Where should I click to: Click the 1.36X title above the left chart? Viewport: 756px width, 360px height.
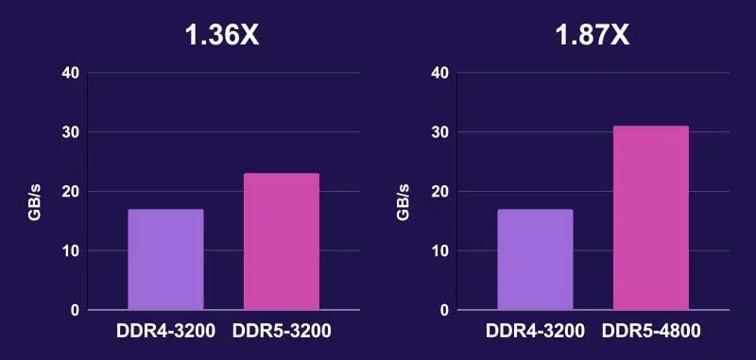click(x=221, y=36)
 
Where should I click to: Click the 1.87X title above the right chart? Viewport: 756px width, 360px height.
click(x=591, y=36)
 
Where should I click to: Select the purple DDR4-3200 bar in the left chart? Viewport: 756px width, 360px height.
click(x=165, y=260)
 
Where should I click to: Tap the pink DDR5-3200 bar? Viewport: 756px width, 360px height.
click(x=282, y=242)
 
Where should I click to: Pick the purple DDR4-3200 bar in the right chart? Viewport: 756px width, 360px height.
click(x=535, y=260)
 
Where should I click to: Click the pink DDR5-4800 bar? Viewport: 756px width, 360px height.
click(x=651, y=218)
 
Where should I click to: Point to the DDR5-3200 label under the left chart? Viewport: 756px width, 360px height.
click(x=283, y=332)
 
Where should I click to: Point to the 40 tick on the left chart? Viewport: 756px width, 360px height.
click(x=69, y=73)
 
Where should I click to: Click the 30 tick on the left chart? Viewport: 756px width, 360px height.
click(x=69, y=132)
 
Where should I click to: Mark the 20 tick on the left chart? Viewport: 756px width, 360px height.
click(x=69, y=192)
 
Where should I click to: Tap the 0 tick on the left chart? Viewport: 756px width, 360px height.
click(x=74, y=310)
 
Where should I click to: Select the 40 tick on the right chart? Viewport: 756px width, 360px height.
click(x=438, y=73)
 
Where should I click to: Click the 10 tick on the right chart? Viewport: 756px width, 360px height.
click(x=438, y=251)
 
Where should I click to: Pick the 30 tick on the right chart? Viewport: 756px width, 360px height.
click(x=438, y=132)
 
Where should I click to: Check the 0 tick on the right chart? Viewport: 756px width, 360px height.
click(x=443, y=310)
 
